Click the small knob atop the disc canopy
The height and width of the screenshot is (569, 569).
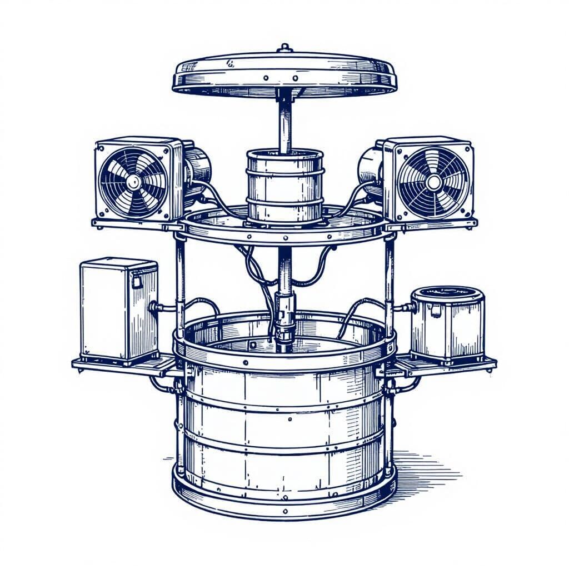[x=284, y=48]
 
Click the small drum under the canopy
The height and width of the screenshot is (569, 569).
[x=284, y=186]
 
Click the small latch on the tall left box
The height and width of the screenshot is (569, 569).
[x=136, y=282]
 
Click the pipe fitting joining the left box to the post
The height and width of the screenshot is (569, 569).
[x=158, y=307]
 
